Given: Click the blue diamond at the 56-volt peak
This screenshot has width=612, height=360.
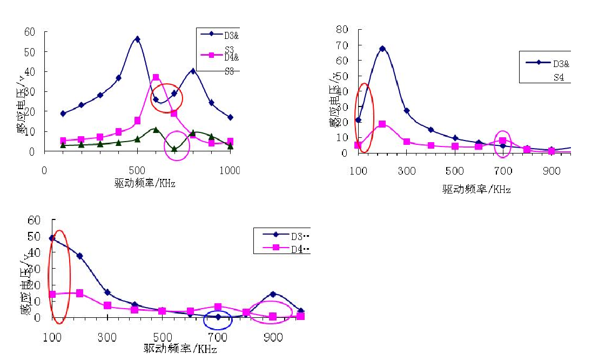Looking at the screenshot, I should pyautogui.click(x=137, y=39).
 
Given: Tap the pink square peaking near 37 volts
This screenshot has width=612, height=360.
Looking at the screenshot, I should pyautogui.click(x=156, y=77).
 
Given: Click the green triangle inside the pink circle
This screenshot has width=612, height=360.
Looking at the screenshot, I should pyautogui.click(x=174, y=149).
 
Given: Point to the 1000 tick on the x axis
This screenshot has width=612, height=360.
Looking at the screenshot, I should pyautogui.click(x=231, y=171).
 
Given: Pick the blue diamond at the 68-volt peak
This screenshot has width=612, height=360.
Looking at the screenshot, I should pyautogui.click(x=382, y=49).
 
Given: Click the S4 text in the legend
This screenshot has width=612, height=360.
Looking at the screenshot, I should pyautogui.click(x=559, y=77).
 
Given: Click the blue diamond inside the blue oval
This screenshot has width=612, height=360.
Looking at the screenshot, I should pyautogui.click(x=218, y=317).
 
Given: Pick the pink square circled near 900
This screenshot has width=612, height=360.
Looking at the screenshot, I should pyautogui.click(x=273, y=316).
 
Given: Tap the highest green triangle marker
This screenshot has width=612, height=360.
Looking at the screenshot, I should pyautogui.click(x=156, y=130).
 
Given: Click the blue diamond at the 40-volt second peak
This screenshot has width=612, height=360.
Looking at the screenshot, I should pyautogui.click(x=192, y=71).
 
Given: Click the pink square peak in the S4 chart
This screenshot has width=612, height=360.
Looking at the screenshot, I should pyautogui.click(x=382, y=124).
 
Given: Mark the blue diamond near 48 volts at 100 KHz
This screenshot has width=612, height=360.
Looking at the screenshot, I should pyautogui.click(x=52, y=238).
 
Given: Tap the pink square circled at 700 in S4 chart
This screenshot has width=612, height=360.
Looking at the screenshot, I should pyautogui.click(x=503, y=141).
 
